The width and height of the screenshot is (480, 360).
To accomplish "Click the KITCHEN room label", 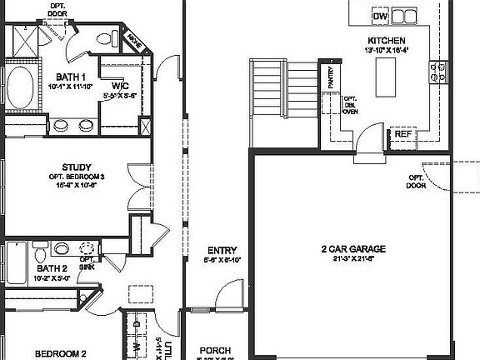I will click(x=386, y=40).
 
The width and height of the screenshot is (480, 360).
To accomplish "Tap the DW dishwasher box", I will click(x=380, y=16).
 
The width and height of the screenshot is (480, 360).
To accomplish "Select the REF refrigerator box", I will click(x=403, y=133).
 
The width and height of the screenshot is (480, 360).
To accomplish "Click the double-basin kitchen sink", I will click(x=405, y=16).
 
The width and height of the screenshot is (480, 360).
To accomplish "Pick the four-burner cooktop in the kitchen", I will click(x=434, y=72).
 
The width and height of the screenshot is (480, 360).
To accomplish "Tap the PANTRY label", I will click(x=331, y=78).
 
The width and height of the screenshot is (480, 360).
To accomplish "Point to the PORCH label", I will click(x=216, y=351).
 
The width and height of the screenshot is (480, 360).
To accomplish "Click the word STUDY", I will click(x=76, y=167).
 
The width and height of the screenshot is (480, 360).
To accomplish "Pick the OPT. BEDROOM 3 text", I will click(x=76, y=177).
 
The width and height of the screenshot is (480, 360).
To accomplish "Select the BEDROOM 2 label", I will click(x=60, y=353).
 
